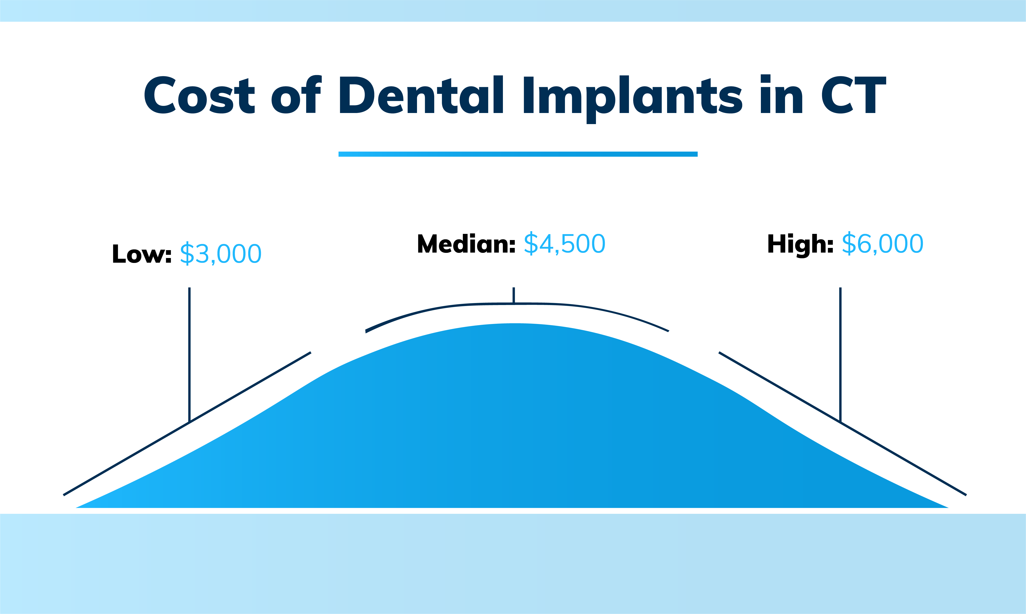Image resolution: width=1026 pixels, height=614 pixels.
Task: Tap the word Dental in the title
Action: (421, 95)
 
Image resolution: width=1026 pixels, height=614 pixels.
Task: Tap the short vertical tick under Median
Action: (513, 295)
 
